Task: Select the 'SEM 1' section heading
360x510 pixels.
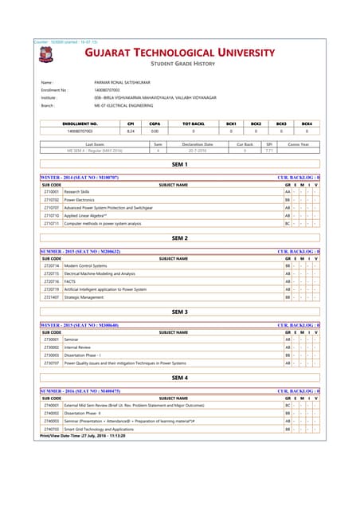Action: [x=180, y=164]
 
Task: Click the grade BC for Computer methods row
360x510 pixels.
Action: [x=288, y=224]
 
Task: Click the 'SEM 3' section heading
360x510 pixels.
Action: [x=180, y=312]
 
